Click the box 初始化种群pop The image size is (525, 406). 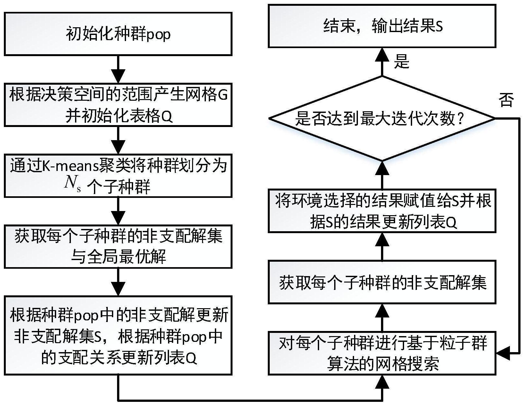pyautogui.click(x=118, y=34)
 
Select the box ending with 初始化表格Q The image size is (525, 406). pyautogui.click(x=118, y=105)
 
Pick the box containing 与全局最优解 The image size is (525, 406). pyautogui.click(x=118, y=246)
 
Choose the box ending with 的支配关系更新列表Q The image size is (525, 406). pyautogui.click(x=118, y=335)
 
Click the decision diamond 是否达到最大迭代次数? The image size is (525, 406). pyautogui.click(x=382, y=119)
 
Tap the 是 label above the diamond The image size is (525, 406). pyautogui.click(x=402, y=61)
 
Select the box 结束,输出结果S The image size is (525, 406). pyautogui.click(x=382, y=26)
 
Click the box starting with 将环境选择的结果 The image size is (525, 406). pyautogui.click(x=382, y=212)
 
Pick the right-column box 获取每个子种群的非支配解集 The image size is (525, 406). pyautogui.click(x=382, y=282)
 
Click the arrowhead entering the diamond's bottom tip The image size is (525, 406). pyautogui.click(x=382, y=168)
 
